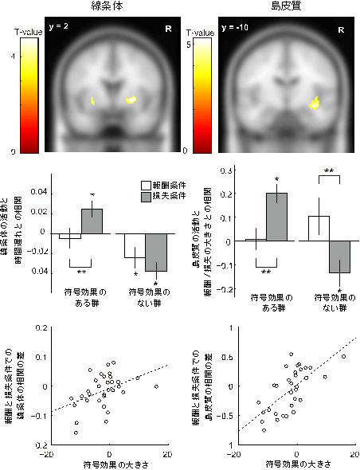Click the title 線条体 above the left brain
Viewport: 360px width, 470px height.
tap(104, 6)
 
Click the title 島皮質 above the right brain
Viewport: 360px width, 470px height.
tap(284, 6)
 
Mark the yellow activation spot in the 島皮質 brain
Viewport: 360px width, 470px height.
tap(315, 102)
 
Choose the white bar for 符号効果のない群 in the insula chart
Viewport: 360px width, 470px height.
tap(318, 228)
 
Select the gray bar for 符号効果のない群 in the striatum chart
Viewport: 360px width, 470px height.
tap(155, 253)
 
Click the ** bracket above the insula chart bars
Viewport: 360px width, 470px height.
tap(328, 172)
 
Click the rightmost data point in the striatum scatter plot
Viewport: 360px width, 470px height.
tap(156, 386)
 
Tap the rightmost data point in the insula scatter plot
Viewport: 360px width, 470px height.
tap(344, 356)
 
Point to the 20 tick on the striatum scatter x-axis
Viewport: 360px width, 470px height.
tap(167, 452)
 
